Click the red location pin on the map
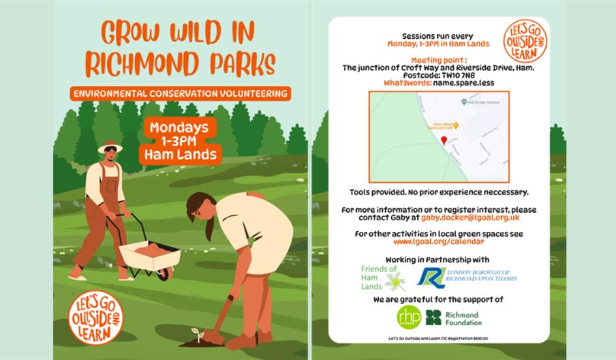point(444,140)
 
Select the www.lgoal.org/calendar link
point(439,242)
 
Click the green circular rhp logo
point(409,317)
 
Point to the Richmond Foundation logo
point(454,318)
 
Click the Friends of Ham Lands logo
point(383,278)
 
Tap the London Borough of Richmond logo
point(467,277)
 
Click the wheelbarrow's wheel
point(164,274)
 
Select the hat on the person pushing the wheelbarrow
point(110,147)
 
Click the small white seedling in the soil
point(198,334)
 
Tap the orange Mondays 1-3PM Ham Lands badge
point(180,141)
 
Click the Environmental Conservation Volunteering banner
point(181,93)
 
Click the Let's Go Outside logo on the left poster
point(95,318)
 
